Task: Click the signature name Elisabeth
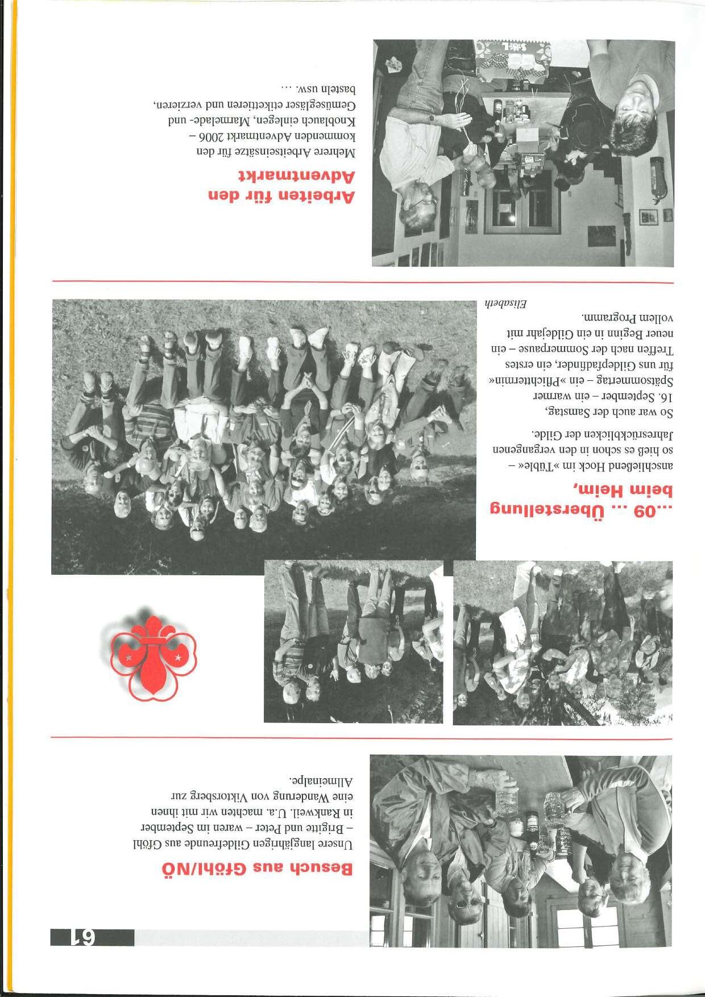tap(505, 304)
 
